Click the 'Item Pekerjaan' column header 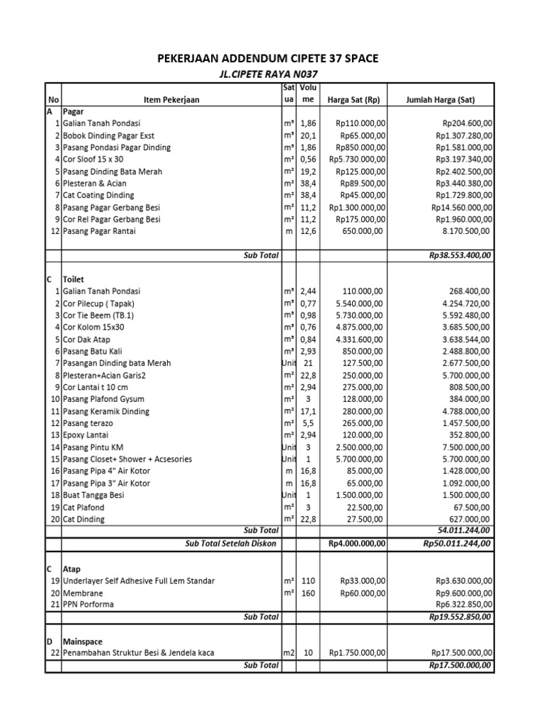[171, 100]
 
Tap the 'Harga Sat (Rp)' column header [353, 100]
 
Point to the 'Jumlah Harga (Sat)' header [440, 100]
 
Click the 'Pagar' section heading [73, 112]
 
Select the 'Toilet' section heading [74, 279]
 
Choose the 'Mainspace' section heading [84, 640]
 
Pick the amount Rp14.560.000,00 [462, 207]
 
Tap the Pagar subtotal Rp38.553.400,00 [461, 255]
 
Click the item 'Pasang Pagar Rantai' [99, 231]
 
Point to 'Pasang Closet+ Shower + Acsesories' [127, 459]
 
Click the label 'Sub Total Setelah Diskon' [232, 543]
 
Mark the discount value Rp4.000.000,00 [357, 543]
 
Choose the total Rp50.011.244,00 [458, 543]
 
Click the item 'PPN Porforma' [88, 605]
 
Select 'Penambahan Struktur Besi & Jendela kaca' [138, 652]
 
